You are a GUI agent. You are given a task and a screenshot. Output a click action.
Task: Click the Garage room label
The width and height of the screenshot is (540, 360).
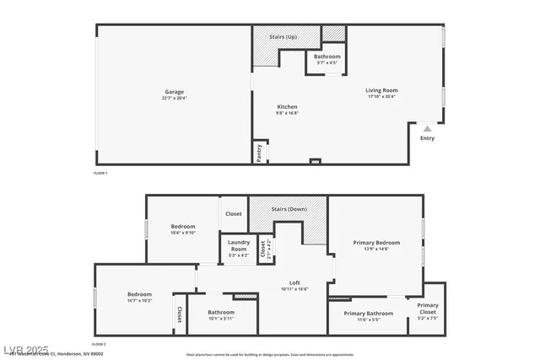tap(175, 92)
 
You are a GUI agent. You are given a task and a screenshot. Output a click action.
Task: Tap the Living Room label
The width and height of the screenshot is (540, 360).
tap(381, 90)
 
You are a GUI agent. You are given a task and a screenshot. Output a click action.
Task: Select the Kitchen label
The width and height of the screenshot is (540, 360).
tap(288, 106)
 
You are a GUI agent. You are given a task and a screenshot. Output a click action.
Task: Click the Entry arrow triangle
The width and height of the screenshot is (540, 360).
tap(427, 129)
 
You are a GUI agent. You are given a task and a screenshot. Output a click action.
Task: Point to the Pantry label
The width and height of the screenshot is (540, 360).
tap(259, 153)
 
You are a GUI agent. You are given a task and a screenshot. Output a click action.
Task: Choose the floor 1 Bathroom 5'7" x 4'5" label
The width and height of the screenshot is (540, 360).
tap(327, 56)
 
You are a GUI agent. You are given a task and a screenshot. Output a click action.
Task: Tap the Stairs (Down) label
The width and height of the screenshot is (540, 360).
tap(289, 209)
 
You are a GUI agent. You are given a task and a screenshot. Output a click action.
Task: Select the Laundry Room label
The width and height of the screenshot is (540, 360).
tap(238, 245)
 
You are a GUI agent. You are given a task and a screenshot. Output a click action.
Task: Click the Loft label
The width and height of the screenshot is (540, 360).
tap(294, 282)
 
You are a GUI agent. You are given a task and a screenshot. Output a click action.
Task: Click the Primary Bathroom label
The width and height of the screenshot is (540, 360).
tap(369, 314)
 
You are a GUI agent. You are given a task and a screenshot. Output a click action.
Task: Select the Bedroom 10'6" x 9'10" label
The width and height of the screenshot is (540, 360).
tap(183, 227)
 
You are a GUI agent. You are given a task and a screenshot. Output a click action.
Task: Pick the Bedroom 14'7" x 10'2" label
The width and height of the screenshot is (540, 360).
tap(139, 294)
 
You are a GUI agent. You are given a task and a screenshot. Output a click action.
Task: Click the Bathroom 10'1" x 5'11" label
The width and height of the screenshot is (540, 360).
tap(221, 313)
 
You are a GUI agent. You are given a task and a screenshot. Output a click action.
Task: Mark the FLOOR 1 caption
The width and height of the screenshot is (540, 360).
tap(100, 173)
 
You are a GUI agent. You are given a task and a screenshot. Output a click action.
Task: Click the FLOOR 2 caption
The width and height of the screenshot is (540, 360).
tap(100, 344)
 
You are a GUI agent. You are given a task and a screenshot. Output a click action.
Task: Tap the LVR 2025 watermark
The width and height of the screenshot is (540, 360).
tap(25, 349)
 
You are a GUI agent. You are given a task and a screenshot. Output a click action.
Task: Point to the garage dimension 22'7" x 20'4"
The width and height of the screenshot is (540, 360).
tap(175, 98)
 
